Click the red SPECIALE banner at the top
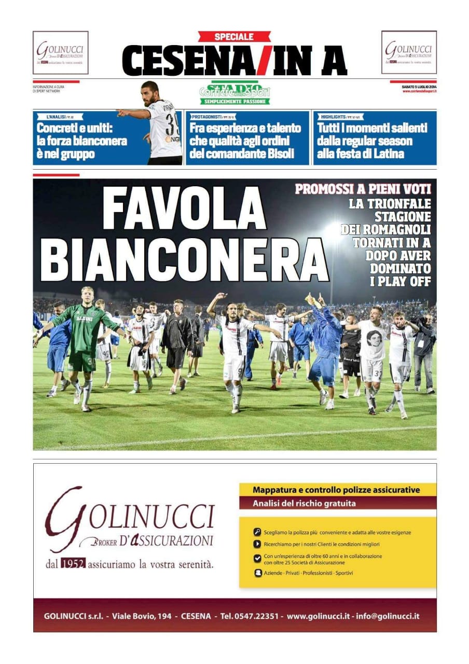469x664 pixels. pyautogui.click(x=234, y=37)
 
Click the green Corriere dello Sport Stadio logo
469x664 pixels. pyautogui.click(x=235, y=93)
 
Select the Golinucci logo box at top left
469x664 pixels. pyautogui.click(x=61, y=52)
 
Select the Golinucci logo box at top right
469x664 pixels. pyautogui.click(x=409, y=52)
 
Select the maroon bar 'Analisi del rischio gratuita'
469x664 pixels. pyautogui.click(x=337, y=503)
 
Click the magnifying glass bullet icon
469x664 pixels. pyautogui.click(x=257, y=532)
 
